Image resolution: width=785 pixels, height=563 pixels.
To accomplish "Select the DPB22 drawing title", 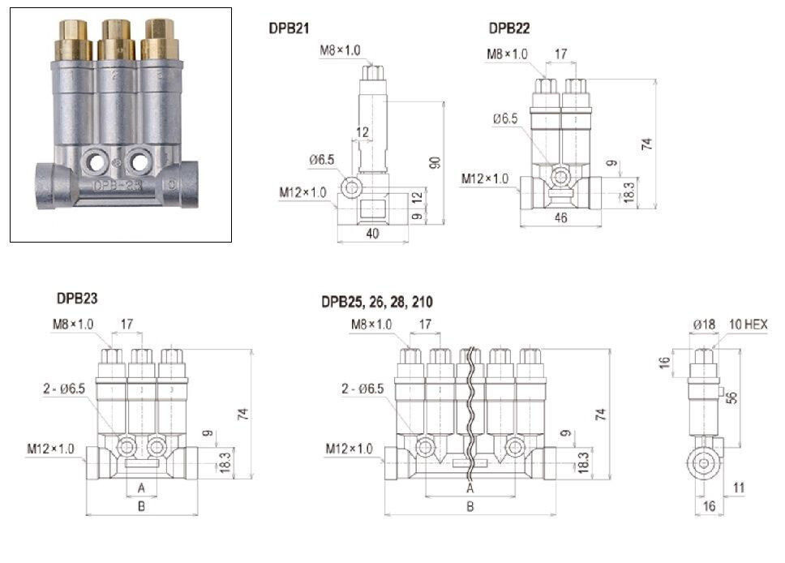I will (x=509, y=28).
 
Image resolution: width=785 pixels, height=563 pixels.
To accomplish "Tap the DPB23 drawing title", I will (x=78, y=299).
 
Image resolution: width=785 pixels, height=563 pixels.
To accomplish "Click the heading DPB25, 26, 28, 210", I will (x=376, y=302).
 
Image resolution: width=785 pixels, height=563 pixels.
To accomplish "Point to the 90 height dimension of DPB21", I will (x=435, y=161).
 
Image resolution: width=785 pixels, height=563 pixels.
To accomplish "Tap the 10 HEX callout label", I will (x=748, y=324).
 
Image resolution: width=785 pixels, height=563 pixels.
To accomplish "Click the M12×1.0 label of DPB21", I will (x=302, y=192).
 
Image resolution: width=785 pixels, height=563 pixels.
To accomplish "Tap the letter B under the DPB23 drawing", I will (x=141, y=507).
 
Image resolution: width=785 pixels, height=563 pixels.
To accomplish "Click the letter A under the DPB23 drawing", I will (x=141, y=488).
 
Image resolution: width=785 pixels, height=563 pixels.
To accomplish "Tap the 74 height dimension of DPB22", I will (x=646, y=144).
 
